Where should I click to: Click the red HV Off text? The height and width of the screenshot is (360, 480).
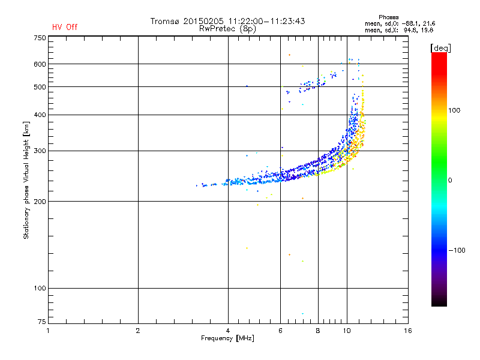pyautogui.click(x=64, y=27)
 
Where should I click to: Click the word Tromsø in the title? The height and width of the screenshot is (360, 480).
pyautogui.click(x=165, y=21)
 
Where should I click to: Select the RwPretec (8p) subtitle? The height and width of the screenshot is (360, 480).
pyautogui.click(x=227, y=28)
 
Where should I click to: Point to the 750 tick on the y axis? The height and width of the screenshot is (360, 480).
pyautogui.click(x=40, y=37)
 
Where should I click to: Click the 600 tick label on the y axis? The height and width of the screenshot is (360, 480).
pyautogui.click(x=40, y=64)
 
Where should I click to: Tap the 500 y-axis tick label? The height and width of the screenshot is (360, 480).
pyautogui.click(x=40, y=86)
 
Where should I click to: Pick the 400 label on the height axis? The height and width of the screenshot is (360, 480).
pyautogui.click(x=40, y=115)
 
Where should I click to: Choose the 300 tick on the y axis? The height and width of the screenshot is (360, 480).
pyautogui.click(x=40, y=151)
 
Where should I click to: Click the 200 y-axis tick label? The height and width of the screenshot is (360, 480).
pyautogui.click(x=40, y=201)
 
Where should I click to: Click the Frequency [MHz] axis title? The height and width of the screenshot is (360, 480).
pyautogui.click(x=227, y=338)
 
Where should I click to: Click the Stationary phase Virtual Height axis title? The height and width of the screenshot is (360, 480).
pyautogui.click(x=26, y=180)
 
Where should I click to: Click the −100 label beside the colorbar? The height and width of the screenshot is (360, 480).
pyautogui.click(x=457, y=250)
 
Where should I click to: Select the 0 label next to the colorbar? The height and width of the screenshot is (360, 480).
pyautogui.click(x=451, y=180)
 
